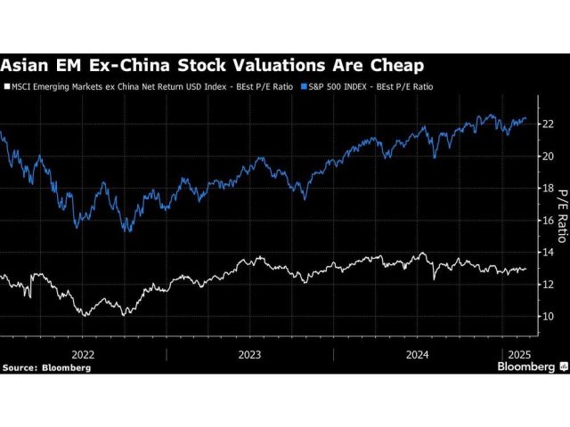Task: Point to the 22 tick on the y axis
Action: tap(549, 124)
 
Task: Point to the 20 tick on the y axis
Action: tap(549, 156)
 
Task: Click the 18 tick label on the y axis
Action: tap(549, 188)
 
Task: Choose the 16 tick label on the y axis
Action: tap(549, 220)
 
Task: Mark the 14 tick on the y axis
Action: tap(549, 252)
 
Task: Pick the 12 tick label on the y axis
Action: tap(549, 284)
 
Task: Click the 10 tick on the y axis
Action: tap(549, 316)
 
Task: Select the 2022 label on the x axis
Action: tap(82, 353)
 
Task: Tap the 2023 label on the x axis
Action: tap(250, 353)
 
